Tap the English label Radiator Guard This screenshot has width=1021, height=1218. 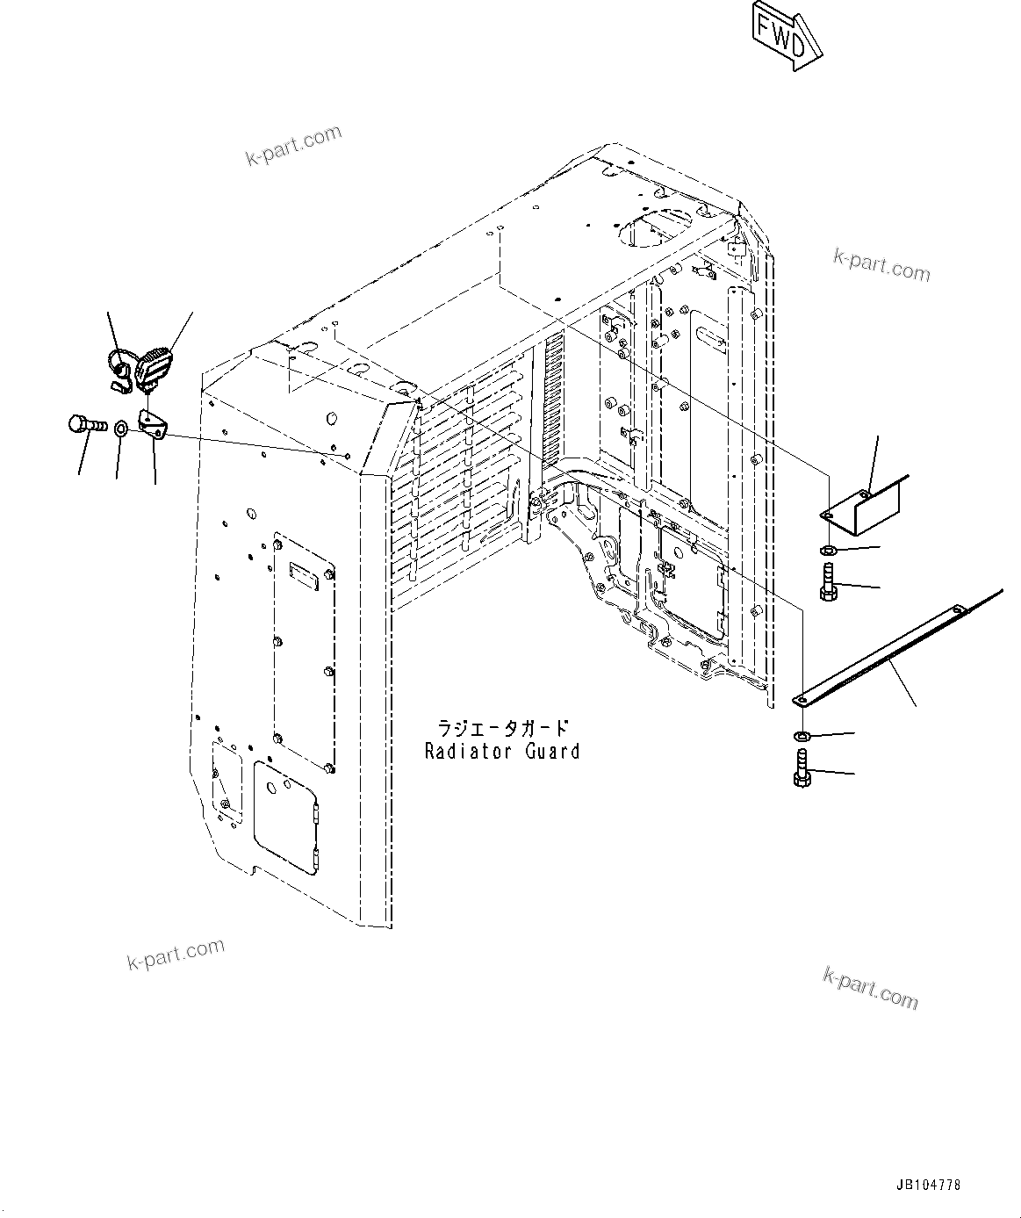point(501,752)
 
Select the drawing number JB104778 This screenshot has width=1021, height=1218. point(929,1185)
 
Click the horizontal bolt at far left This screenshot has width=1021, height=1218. point(85,426)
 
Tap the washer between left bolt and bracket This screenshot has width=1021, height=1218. point(120,429)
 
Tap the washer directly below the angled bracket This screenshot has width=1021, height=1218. point(828,551)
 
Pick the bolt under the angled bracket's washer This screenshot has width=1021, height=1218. point(828,582)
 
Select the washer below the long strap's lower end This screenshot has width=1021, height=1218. point(802,734)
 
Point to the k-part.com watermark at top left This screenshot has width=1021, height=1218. point(292,147)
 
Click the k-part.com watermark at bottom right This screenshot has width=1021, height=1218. point(870,988)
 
